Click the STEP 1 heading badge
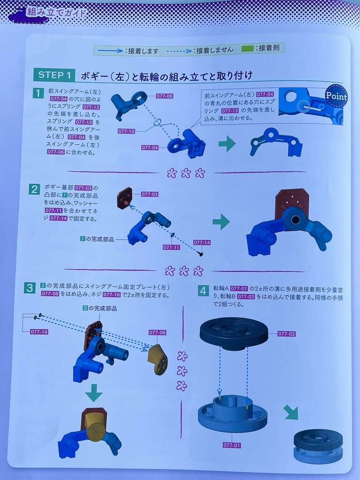pyautogui.click(x=54, y=75)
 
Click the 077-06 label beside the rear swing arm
pyautogui.click(x=165, y=96)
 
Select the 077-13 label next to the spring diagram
pyautogui.click(x=127, y=131)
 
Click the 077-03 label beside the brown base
pyautogui.click(x=150, y=194)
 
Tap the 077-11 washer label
pyautogui.click(x=171, y=247)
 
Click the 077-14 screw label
pyautogui.click(x=202, y=242)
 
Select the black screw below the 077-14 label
pyautogui.click(x=201, y=254)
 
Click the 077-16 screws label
pyautogui.click(x=39, y=331)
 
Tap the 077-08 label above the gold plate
pyautogui.click(x=157, y=332)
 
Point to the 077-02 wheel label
pyautogui.click(x=286, y=334)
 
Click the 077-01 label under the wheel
pyautogui.click(x=232, y=445)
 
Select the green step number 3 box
pyautogui.click(x=30, y=288)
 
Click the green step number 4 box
pyautogui.click(x=203, y=291)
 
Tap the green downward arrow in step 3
pyautogui.click(x=94, y=393)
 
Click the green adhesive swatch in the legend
pyautogui.click(x=247, y=48)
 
